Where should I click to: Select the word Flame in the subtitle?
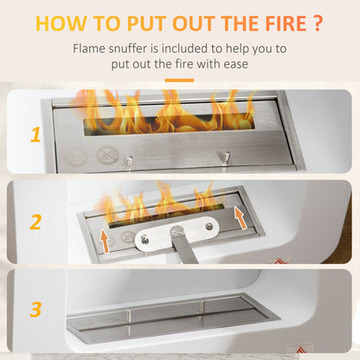pos(93,48)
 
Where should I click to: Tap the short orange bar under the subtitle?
pos(179,80)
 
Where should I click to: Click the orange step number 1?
pos(35,134)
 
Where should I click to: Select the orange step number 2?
pos(35,222)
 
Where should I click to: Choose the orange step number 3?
pos(35,308)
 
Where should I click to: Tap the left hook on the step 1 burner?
pos(128,161)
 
